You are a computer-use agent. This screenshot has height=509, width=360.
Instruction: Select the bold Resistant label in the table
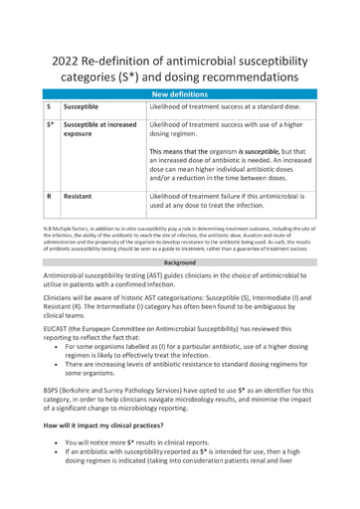point(80,197)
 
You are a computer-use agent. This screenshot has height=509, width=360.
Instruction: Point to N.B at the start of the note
point(48,228)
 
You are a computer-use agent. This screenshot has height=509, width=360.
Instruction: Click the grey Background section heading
point(179,261)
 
